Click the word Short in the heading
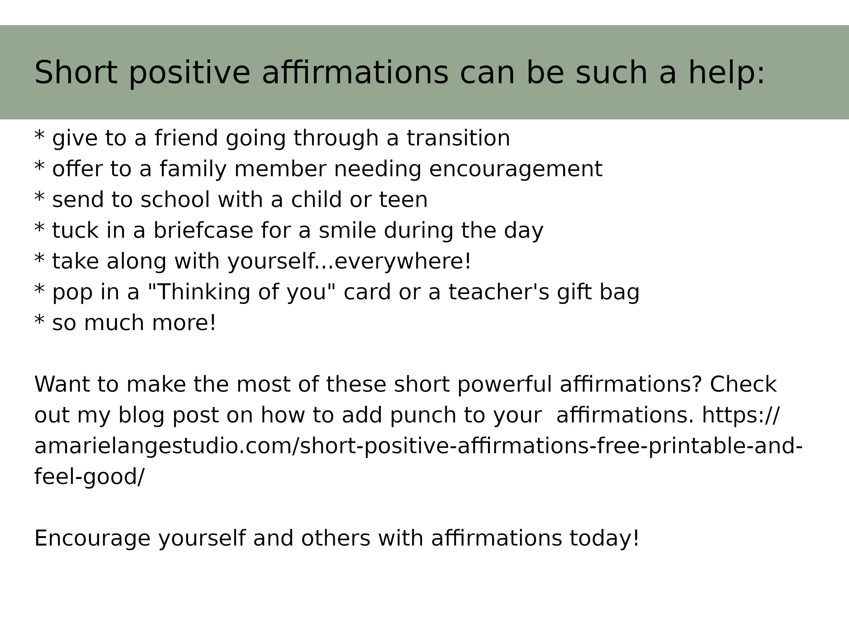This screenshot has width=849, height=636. [75, 73]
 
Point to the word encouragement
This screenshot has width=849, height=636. [515, 169]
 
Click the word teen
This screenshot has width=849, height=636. [403, 200]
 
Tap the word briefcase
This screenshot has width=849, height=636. [203, 231]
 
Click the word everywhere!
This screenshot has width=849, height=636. [402, 261]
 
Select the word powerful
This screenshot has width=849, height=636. [505, 384]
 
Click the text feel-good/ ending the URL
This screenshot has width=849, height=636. [89, 477]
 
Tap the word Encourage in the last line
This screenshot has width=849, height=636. [92, 538]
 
